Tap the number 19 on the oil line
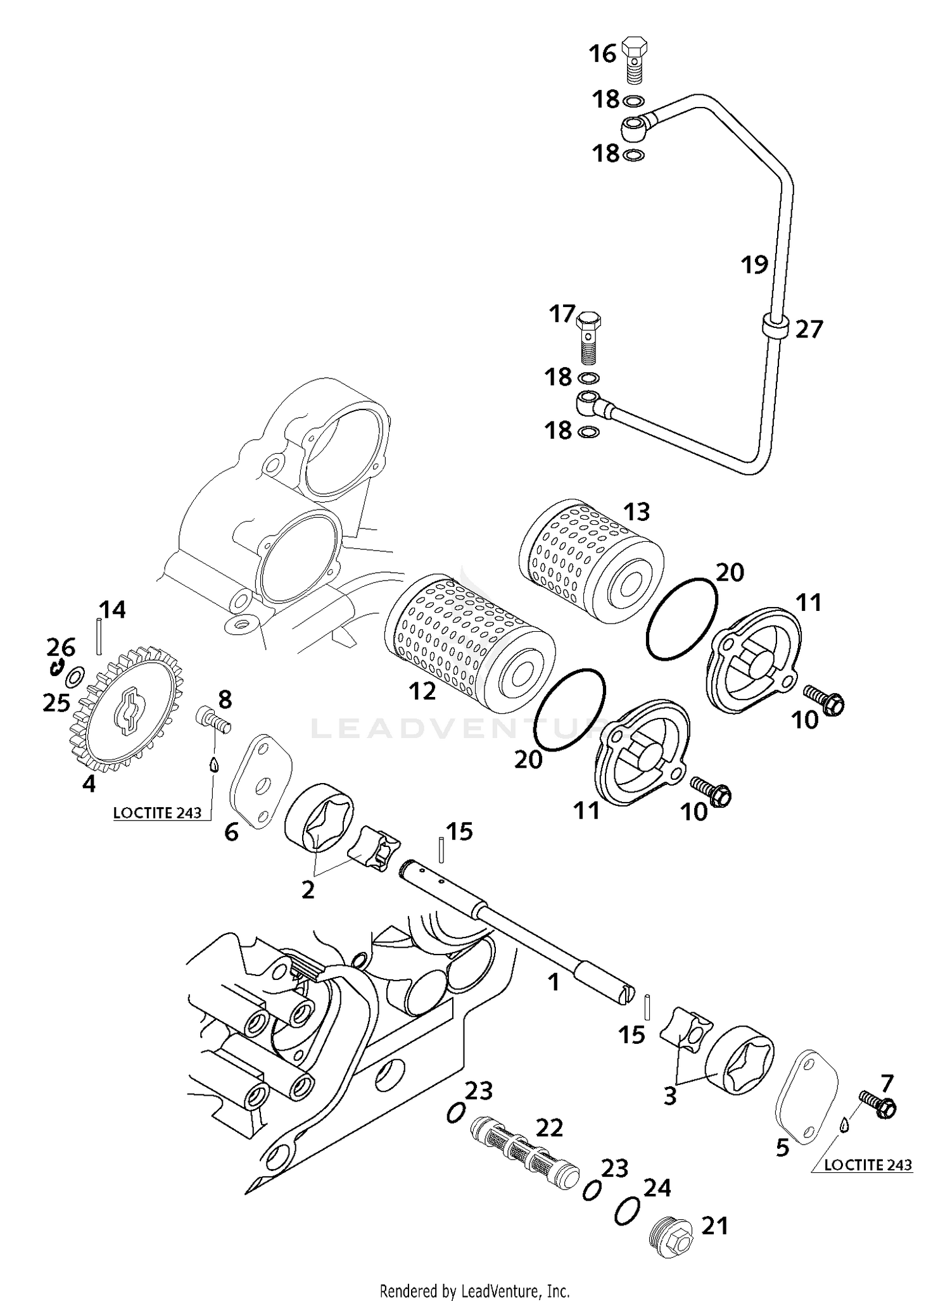pyautogui.click(x=754, y=265)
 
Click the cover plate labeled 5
pyautogui.click(x=806, y=1097)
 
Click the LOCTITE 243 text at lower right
pyautogui.click(x=868, y=1164)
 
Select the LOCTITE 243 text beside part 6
pyautogui.click(x=157, y=812)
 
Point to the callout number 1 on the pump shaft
pyautogui.click(x=554, y=982)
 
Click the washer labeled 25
pyautogui.click(x=74, y=677)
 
